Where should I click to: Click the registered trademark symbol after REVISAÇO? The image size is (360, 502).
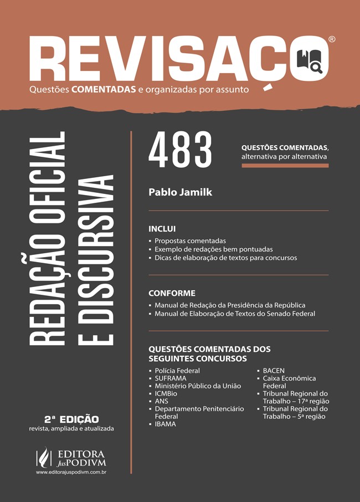click(331, 39)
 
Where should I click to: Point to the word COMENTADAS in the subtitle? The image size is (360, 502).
click(104, 88)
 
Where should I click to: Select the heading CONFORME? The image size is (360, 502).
click(172, 293)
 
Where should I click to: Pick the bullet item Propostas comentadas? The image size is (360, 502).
click(190, 241)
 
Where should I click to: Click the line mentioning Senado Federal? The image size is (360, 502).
click(235, 314)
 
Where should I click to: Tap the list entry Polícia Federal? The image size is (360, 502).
click(177, 371)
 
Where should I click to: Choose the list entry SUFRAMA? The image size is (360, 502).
click(171, 378)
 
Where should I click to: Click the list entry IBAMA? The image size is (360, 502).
click(165, 424)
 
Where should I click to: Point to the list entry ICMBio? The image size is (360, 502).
click(166, 393)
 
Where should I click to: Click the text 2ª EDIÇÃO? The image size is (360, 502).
click(71, 419)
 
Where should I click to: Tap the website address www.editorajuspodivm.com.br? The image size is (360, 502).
click(71, 472)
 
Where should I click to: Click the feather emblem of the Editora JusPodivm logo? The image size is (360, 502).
click(43, 457)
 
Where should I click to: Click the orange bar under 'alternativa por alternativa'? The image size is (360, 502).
click(285, 166)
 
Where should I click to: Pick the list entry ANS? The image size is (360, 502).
click(162, 401)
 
